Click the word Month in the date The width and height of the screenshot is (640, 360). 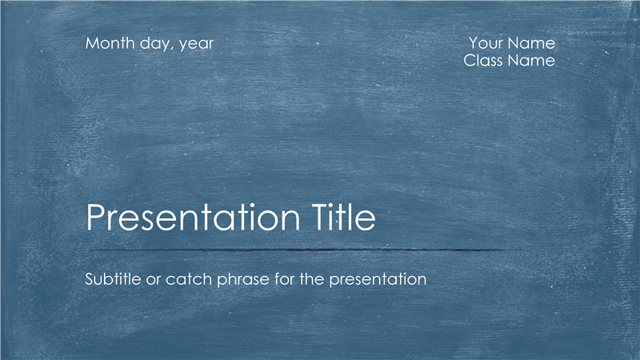pyautogui.click(x=110, y=43)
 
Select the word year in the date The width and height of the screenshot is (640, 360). pyautogui.click(x=196, y=45)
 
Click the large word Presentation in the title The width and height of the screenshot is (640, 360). pyautogui.click(x=193, y=217)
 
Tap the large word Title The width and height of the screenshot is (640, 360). pyautogui.click(x=344, y=217)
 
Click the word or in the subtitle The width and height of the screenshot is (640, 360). pyautogui.click(x=154, y=281)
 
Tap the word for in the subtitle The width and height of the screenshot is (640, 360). pyautogui.click(x=285, y=279)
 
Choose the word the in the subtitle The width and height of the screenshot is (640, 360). pyautogui.click(x=312, y=279)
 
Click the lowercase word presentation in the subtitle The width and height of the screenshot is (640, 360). pyautogui.click(x=378, y=281)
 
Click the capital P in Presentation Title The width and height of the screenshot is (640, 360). pyautogui.click(x=95, y=217)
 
